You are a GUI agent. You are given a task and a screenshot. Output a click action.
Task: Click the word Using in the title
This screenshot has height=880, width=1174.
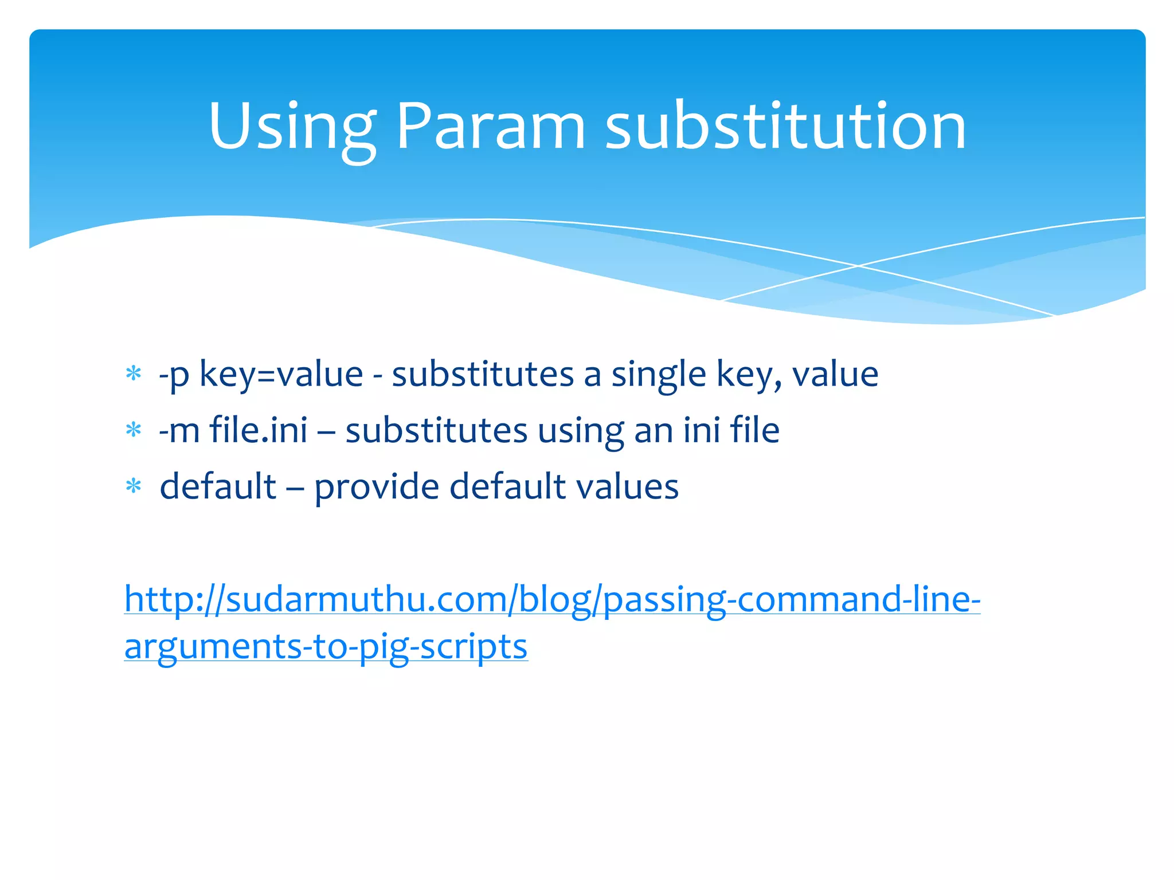(292, 127)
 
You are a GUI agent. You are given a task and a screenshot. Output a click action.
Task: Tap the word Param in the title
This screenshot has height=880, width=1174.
(490, 127)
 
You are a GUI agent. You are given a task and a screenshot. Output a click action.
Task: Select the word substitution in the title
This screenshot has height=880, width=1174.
(785, 127)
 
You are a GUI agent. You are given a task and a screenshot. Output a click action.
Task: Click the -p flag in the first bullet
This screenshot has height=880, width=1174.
(174, 375)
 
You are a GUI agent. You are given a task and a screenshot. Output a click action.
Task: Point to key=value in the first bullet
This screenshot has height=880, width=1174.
(281, 375)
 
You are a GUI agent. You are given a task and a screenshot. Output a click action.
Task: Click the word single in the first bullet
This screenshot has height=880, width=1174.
(659, 375)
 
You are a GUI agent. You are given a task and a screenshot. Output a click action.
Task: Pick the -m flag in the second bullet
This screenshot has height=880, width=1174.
(179, 430)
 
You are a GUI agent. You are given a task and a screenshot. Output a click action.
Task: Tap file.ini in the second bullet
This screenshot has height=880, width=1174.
(259, 430)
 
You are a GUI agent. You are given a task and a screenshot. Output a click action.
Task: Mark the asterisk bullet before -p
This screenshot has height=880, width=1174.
(134, 374)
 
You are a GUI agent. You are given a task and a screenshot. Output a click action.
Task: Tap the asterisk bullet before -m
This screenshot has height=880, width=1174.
(134, 430)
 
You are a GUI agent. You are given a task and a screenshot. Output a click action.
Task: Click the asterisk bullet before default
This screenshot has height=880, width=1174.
(134, 486)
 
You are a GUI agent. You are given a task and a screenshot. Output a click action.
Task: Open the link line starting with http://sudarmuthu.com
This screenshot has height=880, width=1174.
(552, 599)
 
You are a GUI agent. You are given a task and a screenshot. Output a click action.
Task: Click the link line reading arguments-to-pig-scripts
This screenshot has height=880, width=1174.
(326, 647)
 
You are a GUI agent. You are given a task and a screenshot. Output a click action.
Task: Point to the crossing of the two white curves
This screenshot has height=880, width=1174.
(858, 266)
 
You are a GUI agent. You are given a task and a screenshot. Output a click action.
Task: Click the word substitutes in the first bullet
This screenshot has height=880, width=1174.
(483, 375)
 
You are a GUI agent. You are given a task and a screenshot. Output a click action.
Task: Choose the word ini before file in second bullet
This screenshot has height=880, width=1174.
(701, 430)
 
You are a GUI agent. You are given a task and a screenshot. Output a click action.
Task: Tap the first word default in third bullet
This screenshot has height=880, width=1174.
(218, 486)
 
